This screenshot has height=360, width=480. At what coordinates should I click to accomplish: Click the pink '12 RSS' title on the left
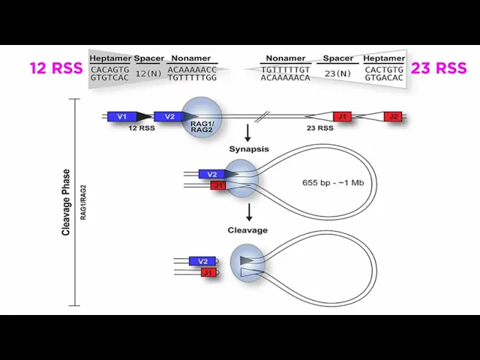pos(55,68)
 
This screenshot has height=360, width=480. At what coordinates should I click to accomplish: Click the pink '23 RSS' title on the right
pos(439,68)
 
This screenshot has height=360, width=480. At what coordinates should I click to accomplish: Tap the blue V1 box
pos(121,116)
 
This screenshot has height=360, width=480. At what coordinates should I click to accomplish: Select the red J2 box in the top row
pos(393,116)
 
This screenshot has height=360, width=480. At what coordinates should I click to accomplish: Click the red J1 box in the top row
pos(342,116)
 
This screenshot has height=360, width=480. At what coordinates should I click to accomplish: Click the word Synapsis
pos(247,149)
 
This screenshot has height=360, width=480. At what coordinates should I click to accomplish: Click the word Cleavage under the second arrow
pos(247,230)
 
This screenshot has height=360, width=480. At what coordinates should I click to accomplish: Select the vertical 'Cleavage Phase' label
pos(66,202)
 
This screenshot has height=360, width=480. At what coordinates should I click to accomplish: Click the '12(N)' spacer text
pos(148,73)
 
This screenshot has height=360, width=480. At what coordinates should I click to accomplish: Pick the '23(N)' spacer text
pos(337,73)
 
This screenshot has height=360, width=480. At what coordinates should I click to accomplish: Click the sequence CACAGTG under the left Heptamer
pos(109,69)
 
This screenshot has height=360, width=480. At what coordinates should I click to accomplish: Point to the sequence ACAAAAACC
pos(192,69)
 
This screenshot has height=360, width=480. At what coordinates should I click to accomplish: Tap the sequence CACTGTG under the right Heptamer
pos(384,69)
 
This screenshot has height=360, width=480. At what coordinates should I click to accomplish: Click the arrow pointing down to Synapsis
pos(247,134)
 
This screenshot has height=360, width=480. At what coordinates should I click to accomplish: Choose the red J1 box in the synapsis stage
pos(218,185)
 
